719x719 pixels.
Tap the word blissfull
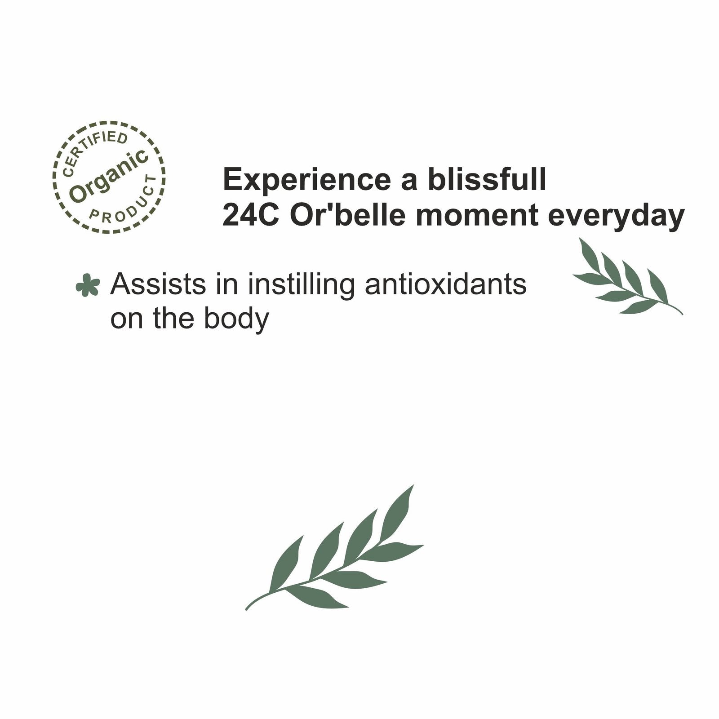coord(487,179)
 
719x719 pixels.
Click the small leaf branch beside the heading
coord(627,276)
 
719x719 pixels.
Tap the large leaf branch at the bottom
coord(334,548)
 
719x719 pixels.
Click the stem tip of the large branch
coord(247,609)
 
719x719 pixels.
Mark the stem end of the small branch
coord(682,313)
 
